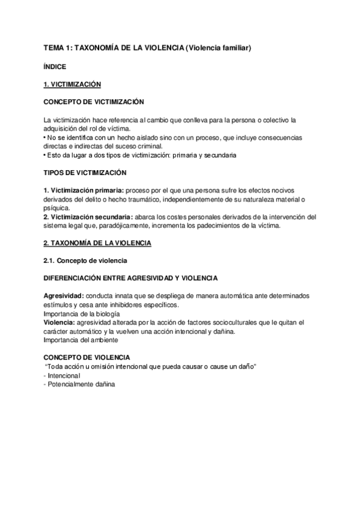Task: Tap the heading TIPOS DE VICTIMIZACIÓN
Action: click(x=85, y=173)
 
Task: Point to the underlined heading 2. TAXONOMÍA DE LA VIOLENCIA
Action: click(x=97, y=243)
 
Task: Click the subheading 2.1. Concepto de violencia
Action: click(x=84, y=260)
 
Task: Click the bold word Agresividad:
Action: click(x=64, y=296)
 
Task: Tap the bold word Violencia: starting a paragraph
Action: click(x=59, y=322)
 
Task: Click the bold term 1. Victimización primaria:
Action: click(x=84, y=191)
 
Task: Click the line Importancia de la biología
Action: click(x=82, y=314)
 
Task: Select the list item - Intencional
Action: click(x=62, y=375)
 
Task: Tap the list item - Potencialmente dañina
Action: click(x=79, y=384)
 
